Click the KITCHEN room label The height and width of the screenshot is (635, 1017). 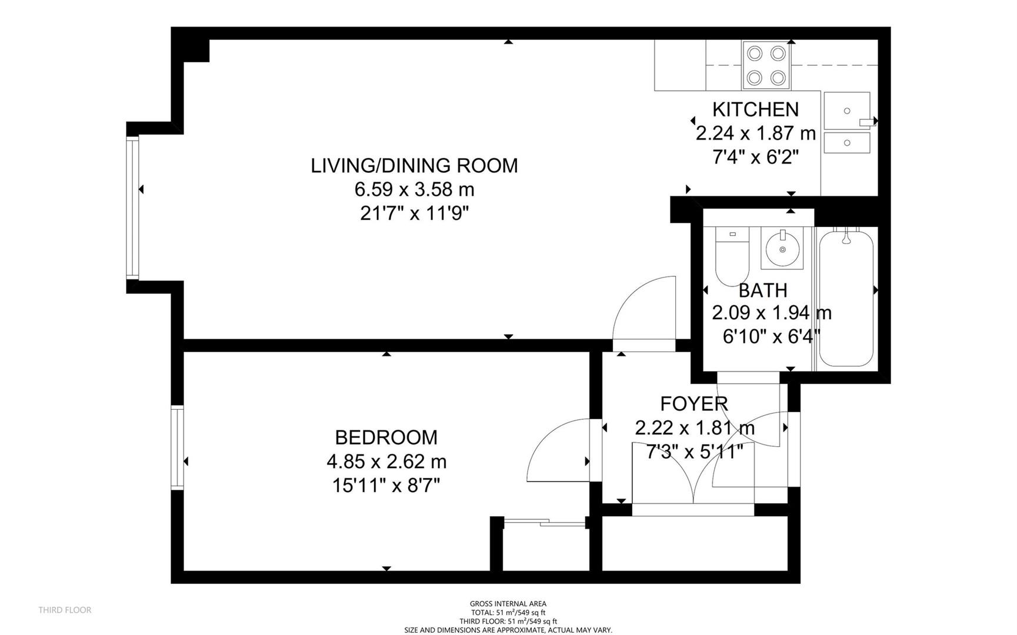755,109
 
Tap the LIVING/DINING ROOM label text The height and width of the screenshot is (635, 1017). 414,166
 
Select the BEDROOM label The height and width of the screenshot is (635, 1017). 386,437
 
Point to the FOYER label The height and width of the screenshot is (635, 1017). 693,404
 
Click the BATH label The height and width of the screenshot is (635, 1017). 762,290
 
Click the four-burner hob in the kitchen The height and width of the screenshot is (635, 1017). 766,65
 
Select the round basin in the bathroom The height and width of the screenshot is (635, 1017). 782,249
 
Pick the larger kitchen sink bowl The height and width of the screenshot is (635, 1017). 846,111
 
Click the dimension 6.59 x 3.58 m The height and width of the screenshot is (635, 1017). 414,190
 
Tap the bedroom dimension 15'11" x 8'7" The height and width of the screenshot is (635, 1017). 386,486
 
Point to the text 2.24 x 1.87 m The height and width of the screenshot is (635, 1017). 755,133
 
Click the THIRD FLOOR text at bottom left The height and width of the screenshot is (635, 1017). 65,610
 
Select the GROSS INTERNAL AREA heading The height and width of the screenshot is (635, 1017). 508,604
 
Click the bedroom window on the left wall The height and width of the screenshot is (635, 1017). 177,447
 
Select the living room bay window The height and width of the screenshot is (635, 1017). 134,207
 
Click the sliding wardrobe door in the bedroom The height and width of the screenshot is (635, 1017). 544,522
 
